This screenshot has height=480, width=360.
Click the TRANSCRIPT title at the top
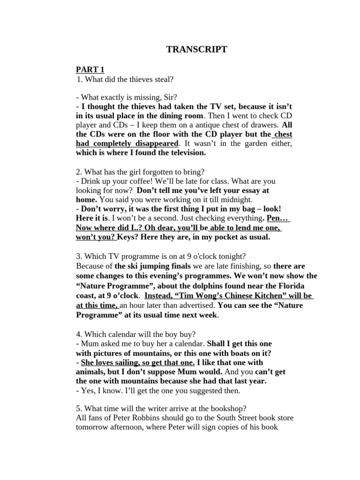coord(196,49)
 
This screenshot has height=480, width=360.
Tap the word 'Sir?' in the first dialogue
coord(169,97)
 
